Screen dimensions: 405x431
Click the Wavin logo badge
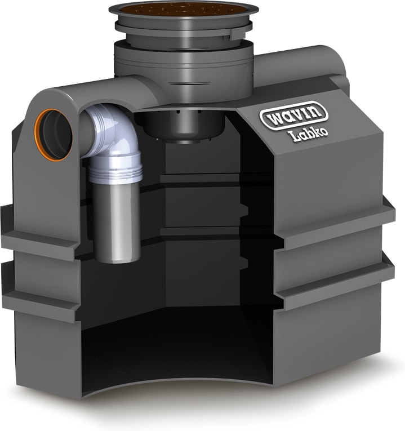pyautogui.click(x=293, y=115)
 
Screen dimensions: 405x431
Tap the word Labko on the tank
pyautogui.click(x=308, y=135)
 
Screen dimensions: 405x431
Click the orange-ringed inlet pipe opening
pyautogui.click(x=54, y=135)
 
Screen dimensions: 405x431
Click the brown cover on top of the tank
pyautogui.click(x=184, y=9)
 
